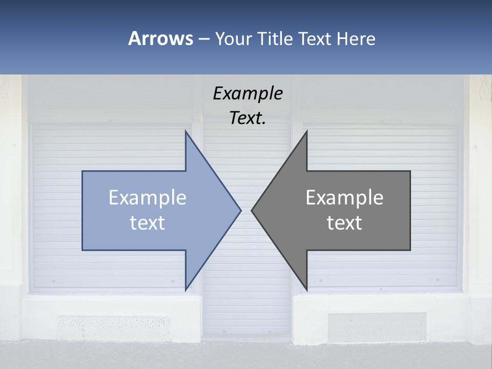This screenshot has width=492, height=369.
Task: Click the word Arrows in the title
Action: pos(160,38)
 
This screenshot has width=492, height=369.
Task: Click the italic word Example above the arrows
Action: pos(248,94)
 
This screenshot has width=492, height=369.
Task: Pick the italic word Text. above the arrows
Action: pos(248,118)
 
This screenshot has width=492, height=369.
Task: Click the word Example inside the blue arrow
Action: pos(148,198)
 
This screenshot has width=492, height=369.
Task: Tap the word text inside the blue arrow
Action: pos(148,223)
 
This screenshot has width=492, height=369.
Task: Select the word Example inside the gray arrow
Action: pos(344,198)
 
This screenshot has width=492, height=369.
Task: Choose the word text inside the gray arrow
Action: pos(344,223)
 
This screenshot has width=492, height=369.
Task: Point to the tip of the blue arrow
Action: pos(241,210)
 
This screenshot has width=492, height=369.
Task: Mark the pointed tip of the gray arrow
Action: pos(251,210)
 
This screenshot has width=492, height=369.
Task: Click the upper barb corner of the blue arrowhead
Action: pos(186,131)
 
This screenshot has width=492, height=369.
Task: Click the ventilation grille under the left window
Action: pos(113,328)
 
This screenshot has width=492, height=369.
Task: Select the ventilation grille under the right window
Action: pos(377,327)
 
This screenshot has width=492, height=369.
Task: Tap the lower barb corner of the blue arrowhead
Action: pos(186,290)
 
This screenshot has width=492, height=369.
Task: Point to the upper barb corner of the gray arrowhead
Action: pos(306,131)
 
